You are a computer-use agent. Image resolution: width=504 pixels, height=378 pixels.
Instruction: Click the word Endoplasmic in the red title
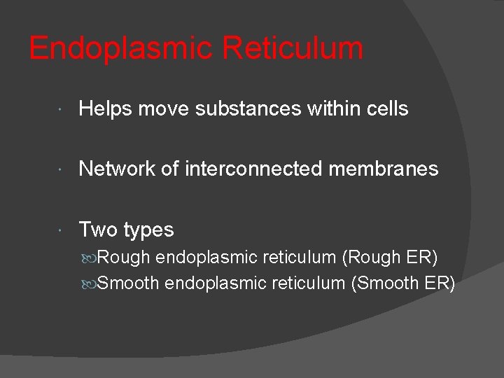120,49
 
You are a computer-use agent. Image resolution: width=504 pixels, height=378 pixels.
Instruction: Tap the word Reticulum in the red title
293,49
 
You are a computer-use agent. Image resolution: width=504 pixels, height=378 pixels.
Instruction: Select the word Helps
106,108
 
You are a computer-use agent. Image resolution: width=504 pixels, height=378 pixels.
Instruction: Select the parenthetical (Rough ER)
389,258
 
